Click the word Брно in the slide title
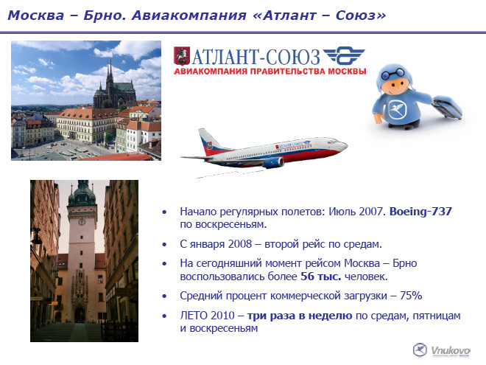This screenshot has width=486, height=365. coord(104,15)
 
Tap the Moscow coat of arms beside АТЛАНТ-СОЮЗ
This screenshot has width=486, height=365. coord(182,56)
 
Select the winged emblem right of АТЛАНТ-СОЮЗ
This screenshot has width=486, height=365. coord(344,56)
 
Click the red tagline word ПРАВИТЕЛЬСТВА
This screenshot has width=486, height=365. coord(288,71)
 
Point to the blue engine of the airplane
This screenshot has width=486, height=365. coord(273,163)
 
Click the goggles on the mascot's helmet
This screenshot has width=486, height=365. coord(392,74)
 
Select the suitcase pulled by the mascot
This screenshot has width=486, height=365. coord(447,107)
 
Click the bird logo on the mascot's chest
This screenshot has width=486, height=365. coord(397,109)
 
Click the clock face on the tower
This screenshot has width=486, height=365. coord(82,222)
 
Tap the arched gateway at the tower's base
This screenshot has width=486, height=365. coord(80,315)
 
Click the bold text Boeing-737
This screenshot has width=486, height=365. coord(420,212)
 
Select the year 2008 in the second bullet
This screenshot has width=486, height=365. coord(240,244)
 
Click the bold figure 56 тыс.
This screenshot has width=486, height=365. coord(321,277)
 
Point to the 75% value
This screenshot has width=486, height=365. coord(411,296)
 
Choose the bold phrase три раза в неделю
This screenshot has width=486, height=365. coord(300,316)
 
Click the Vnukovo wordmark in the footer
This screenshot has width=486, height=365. coord(451,351)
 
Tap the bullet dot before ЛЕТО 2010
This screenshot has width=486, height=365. coord(164,316)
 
